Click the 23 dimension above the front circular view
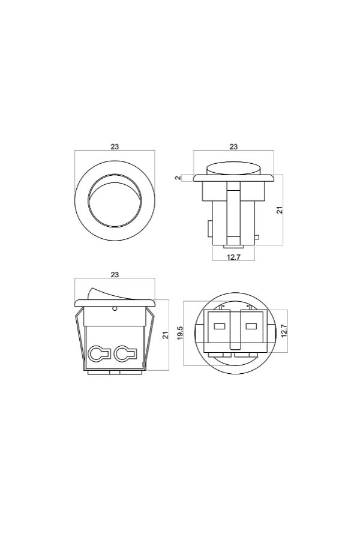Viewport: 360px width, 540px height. [115, 146]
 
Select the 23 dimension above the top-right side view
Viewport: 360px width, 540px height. [233, 146]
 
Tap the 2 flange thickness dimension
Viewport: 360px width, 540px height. [178, 178]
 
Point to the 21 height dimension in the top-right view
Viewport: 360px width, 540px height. [280, 210]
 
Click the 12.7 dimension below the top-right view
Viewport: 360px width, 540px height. [233, 257]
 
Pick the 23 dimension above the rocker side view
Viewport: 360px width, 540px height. [115, 274]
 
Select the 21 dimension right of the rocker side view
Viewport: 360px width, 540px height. [166, 335]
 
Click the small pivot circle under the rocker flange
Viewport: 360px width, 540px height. [115, 308]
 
